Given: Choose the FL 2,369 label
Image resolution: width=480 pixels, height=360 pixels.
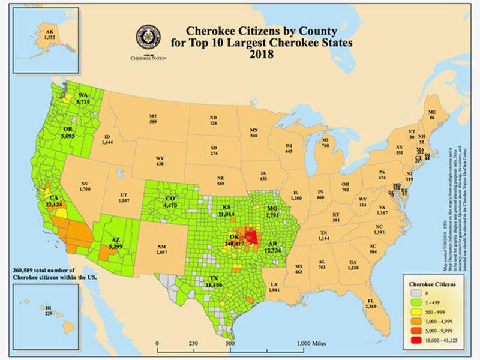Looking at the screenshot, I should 371,304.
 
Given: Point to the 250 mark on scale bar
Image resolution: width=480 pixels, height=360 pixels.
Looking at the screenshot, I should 194,343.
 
